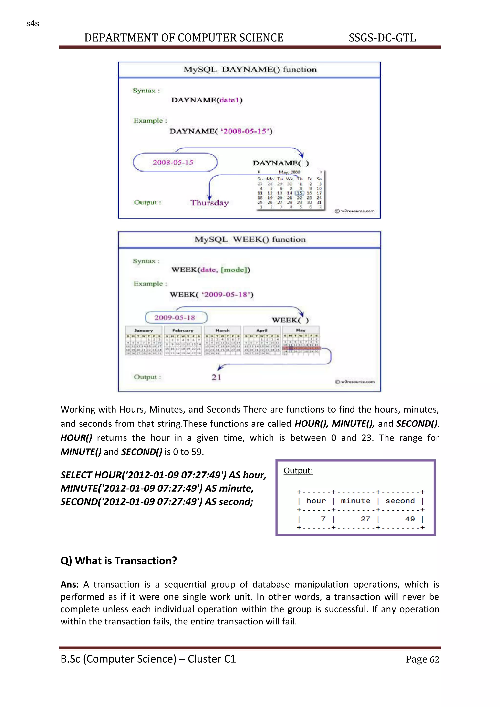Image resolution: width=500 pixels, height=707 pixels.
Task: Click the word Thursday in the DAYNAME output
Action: click(209, 203)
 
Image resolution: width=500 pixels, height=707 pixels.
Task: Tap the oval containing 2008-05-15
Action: click(175, 162)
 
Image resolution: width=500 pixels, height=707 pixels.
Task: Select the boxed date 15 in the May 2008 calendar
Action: click(299, 193)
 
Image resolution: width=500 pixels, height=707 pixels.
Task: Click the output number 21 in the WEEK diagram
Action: click(216, 377)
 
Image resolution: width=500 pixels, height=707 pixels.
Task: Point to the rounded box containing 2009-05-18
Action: click(176, 317)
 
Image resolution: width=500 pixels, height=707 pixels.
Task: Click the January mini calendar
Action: click(144, 341)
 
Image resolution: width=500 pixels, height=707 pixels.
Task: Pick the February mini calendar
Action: click(183, 341)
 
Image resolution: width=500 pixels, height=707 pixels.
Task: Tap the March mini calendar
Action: click(222, 341)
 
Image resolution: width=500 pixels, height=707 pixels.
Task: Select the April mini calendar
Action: click(262, 341)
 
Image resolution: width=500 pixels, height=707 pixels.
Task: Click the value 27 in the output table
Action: click(365, 519)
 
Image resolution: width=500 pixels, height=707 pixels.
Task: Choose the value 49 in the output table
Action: click(410, 519)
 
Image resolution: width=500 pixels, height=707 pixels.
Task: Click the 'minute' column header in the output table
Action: click(356, 501)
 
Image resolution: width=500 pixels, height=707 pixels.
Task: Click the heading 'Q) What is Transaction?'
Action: click(119, 561)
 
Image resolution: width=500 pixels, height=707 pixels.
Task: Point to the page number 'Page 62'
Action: click(422, 659)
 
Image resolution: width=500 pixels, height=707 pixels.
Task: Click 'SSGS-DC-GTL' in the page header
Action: click(382, 38)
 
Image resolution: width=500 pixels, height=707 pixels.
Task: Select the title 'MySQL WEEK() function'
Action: click(250, 239)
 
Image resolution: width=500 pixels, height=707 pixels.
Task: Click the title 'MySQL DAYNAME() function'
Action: click(250, 70)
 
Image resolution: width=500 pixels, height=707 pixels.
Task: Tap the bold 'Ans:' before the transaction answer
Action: click(70, 584)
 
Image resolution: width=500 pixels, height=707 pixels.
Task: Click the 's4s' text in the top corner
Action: click(33, 24)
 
